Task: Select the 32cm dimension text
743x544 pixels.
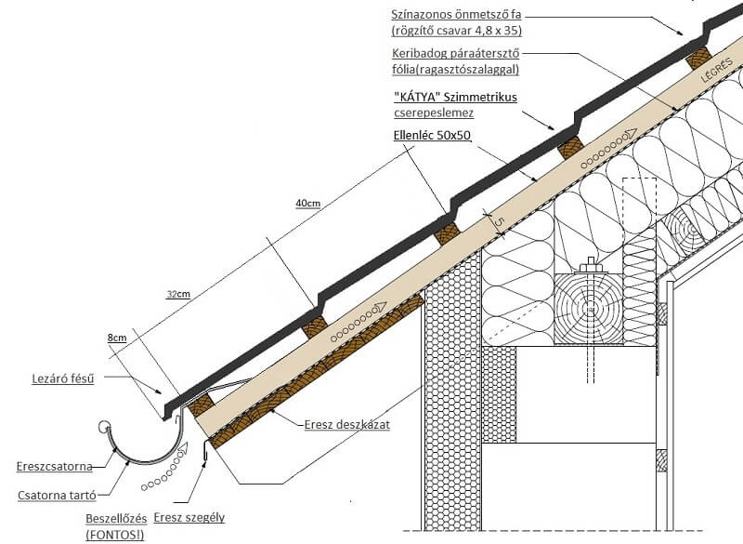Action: coord(178,295)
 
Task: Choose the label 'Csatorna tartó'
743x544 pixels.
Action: coord(58,496)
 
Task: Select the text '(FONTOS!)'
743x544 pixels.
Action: coord(113,535)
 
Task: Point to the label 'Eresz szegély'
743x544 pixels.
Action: coord(189,518)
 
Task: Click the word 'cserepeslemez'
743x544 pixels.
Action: coord(434,113)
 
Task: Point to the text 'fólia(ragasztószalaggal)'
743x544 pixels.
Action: coord(454,70)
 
